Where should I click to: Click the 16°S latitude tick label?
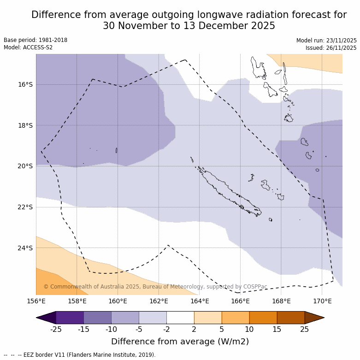tap(25, 84)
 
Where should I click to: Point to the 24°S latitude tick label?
tap(25, 248)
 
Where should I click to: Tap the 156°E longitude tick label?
tap(36, 301)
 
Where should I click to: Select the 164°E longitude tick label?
tap(200, 301)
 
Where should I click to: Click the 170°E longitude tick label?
tap(322, 301)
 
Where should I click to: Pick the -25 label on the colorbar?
tap(56, 329)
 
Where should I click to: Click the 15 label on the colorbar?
tap(277, 329)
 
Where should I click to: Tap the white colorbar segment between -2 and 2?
tap(180, 318)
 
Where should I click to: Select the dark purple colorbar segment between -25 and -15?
tap(70, 318)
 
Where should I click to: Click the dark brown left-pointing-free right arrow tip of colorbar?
tap(317, 318)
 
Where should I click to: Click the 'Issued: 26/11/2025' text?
tap(330, 48)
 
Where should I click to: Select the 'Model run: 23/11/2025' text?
tap(326, 41)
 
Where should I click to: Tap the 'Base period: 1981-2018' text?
tap(35, 40)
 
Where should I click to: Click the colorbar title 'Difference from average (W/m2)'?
tap(180, 342)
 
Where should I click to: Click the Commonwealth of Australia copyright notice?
tap(155, 287)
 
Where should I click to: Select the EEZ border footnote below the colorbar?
tap(80, 355)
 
